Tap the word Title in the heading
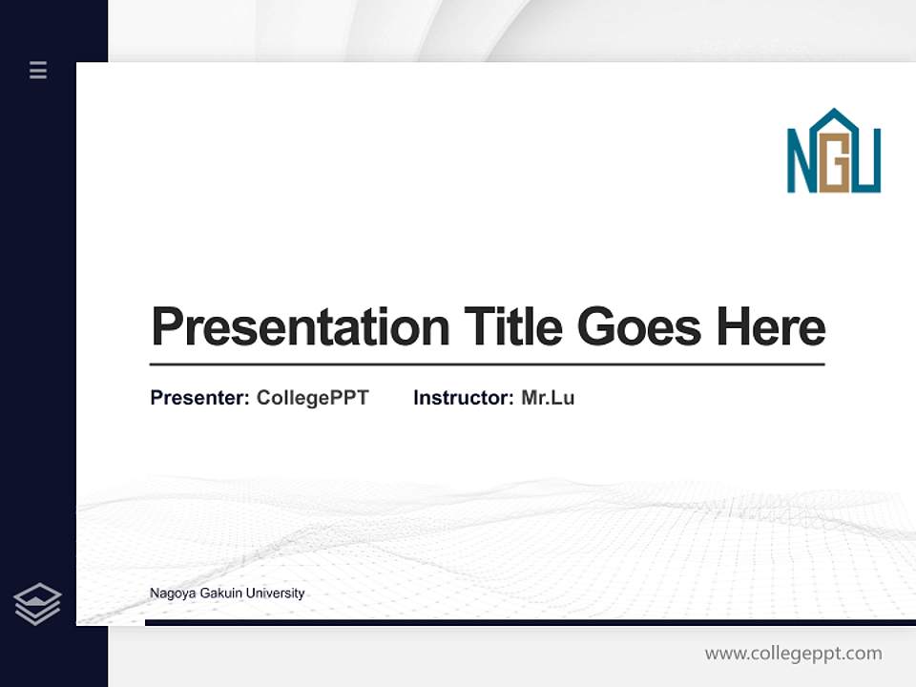click(512, 326)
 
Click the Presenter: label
click(200, 398)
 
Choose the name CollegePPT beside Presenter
click(312, 398)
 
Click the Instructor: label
click(464, 398)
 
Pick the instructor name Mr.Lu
click(548, 398)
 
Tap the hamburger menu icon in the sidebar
click(38, 70)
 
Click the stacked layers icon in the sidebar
click(38, 604)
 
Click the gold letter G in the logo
click(835, 169)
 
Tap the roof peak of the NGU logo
click(835, 114)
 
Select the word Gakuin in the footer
click(219, 593)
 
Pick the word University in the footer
click(275, 593)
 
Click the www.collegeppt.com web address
click(793, 654)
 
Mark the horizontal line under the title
click(487, 364)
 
